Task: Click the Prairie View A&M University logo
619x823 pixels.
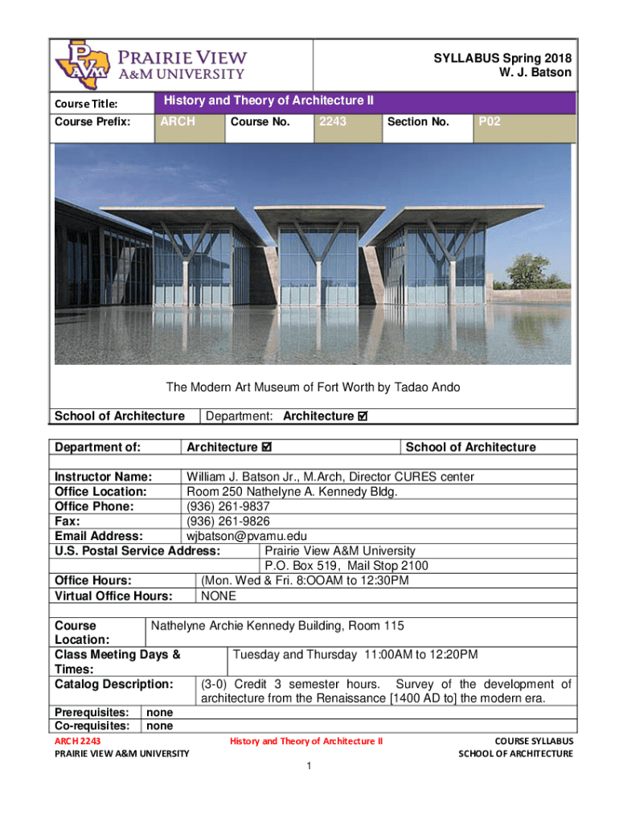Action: coord(150,64)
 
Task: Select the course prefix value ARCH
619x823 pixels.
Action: coord(178,122)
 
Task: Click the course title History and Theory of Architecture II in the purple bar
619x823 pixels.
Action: coord(269,100)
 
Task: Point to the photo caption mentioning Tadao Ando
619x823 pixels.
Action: coord(313,387)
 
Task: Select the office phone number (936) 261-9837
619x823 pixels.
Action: coord(228,506)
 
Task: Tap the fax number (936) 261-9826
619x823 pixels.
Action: coord(228,521)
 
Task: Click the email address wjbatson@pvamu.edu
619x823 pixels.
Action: coord(247,536)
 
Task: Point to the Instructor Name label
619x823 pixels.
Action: coord(103,477)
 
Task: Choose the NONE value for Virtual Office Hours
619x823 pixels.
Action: coord(218,596)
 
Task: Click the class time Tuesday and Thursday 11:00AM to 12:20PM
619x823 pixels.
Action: coord(355,654)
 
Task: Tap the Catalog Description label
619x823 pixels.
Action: coord(113,684)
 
